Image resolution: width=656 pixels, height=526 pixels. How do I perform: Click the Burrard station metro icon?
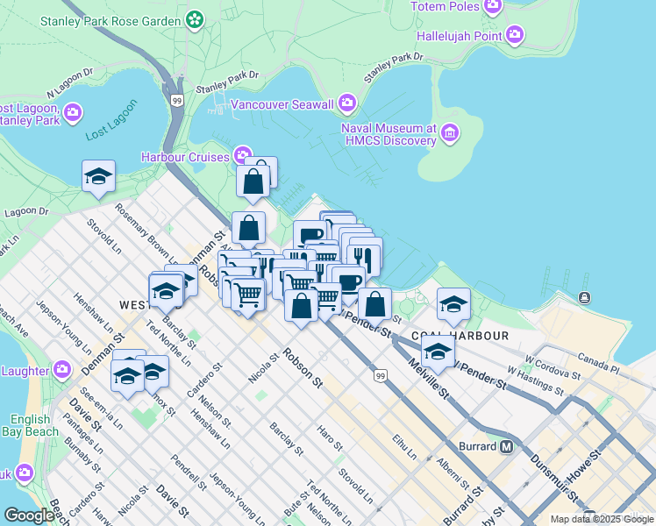click(x=506, y=446)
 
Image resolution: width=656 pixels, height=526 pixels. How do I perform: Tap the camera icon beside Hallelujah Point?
click(x=515, y=35)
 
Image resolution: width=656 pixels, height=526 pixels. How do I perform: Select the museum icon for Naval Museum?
click(x=450, y=133)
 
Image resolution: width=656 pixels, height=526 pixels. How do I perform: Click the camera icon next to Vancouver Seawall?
click(x=348, y=104)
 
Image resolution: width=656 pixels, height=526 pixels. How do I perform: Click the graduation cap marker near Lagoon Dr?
click(x=98, y=176)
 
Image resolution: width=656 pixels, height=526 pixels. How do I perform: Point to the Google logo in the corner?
click(x=29, y=515)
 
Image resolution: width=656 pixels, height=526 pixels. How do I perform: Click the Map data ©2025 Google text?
click(x=602, y=519)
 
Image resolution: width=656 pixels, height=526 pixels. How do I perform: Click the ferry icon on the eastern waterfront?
click(x=584, y=298)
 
